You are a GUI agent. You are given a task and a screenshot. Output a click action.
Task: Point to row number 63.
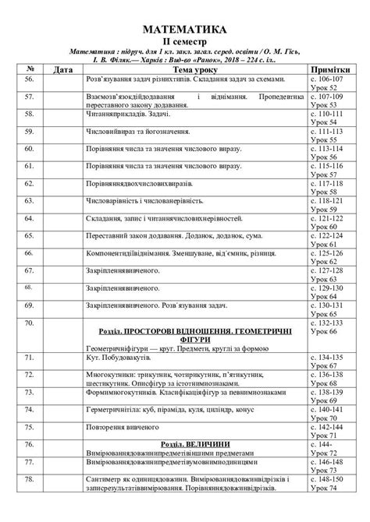(x=30, y=201)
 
